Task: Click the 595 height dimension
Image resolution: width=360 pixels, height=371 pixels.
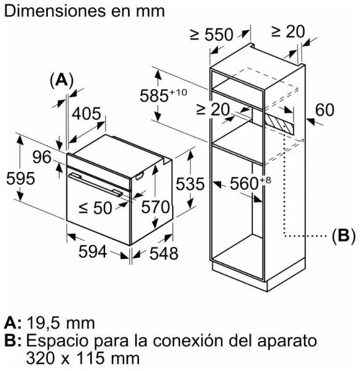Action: click(21, 178)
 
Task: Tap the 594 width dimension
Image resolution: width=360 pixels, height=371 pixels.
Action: click(93, 251)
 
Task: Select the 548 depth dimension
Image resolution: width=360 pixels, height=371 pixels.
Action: click(164, 254)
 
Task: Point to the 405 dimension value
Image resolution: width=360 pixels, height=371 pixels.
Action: click(87, 114)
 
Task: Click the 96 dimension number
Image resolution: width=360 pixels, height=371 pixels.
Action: click(42, 157)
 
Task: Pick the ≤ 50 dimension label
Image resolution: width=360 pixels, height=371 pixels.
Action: click(95, 208)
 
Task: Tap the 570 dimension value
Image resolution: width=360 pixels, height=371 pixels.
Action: click(155, 207)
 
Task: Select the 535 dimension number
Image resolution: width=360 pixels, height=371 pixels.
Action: click(190, 184)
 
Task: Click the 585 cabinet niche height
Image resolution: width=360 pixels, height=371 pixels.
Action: click(163, 95)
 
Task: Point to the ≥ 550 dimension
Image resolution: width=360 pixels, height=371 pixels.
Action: click(211, 34)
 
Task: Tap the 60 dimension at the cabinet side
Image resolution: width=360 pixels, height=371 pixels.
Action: click(324, 110)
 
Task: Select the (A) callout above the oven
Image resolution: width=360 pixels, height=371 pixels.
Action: click(62, 80)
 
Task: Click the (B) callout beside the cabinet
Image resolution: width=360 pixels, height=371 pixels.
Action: click(343, 236)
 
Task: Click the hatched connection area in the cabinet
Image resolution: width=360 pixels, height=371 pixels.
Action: click(280, 123)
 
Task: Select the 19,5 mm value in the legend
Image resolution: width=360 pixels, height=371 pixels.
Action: click(61, 322)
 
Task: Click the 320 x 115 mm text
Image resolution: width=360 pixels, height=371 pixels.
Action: click(83, 358)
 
